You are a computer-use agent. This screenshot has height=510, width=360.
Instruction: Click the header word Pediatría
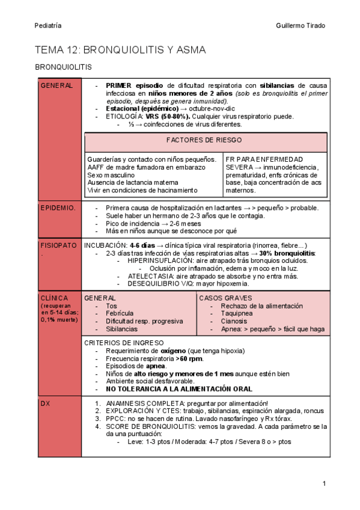pos(47,25)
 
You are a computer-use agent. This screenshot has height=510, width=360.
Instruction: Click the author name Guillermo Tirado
pos(300,25)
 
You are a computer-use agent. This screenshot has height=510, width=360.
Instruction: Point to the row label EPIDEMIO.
pos(57,208)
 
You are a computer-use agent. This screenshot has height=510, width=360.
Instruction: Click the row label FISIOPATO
pos(58,245)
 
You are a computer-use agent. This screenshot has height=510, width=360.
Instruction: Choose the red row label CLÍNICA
pos(53,298)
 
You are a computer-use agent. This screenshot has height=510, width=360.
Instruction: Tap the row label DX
pos(45,404)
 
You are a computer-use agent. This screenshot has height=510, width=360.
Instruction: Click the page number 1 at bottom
pos(324,484)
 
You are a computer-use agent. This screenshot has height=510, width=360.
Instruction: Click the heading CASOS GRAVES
pos(225,298)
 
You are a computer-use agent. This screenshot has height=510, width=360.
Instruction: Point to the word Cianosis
pos(225,321)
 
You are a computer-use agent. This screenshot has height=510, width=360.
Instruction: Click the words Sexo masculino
pos(112,174)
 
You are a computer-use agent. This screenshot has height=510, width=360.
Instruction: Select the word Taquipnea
pos(228,313)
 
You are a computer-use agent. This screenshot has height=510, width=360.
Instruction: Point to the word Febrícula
pos(121,313)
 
